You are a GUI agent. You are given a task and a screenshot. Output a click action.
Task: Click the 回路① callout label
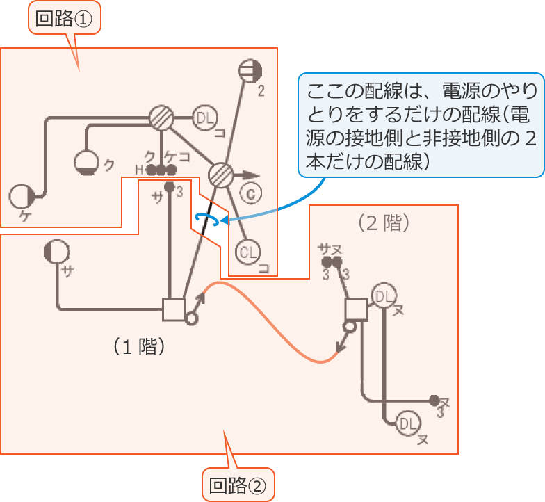pyautogui.click(x=64, y=19)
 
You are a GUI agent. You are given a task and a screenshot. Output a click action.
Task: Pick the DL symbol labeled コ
pyautogui.click(x=205, y=119)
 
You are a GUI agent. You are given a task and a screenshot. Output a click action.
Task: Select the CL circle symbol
pyautogui.click(x=247, y=252)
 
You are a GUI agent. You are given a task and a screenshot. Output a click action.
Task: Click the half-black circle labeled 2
pyautogui.click(x=249, y=70)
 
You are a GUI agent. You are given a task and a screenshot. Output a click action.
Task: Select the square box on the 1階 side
pyautogui.click(x=172, y=309)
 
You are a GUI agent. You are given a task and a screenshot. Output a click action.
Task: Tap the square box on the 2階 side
pyautogui.click(x=356, y=309)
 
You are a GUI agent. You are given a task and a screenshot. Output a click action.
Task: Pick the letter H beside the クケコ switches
pyautogui.click(x=138, y=170)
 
